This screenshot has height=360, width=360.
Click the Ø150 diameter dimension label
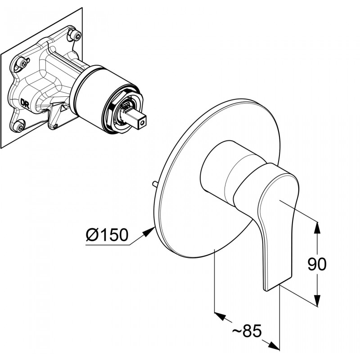[x=107, y=234]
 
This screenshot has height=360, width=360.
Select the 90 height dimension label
[x=317, y=264]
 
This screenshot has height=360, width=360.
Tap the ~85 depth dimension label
[x=247, y=331]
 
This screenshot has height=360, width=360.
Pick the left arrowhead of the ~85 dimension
[x=220, y=316]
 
